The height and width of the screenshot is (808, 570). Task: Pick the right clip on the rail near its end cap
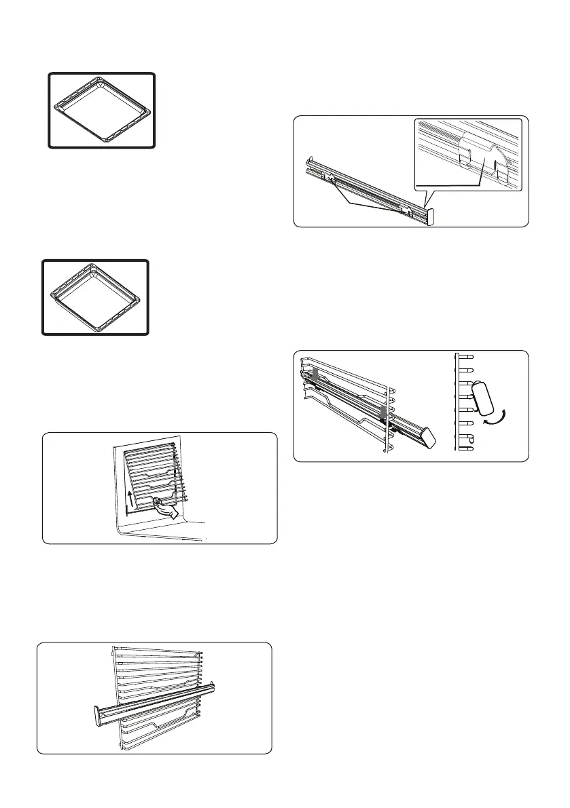(405, 211)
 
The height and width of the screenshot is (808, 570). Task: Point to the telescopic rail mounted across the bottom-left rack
(156, 699)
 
